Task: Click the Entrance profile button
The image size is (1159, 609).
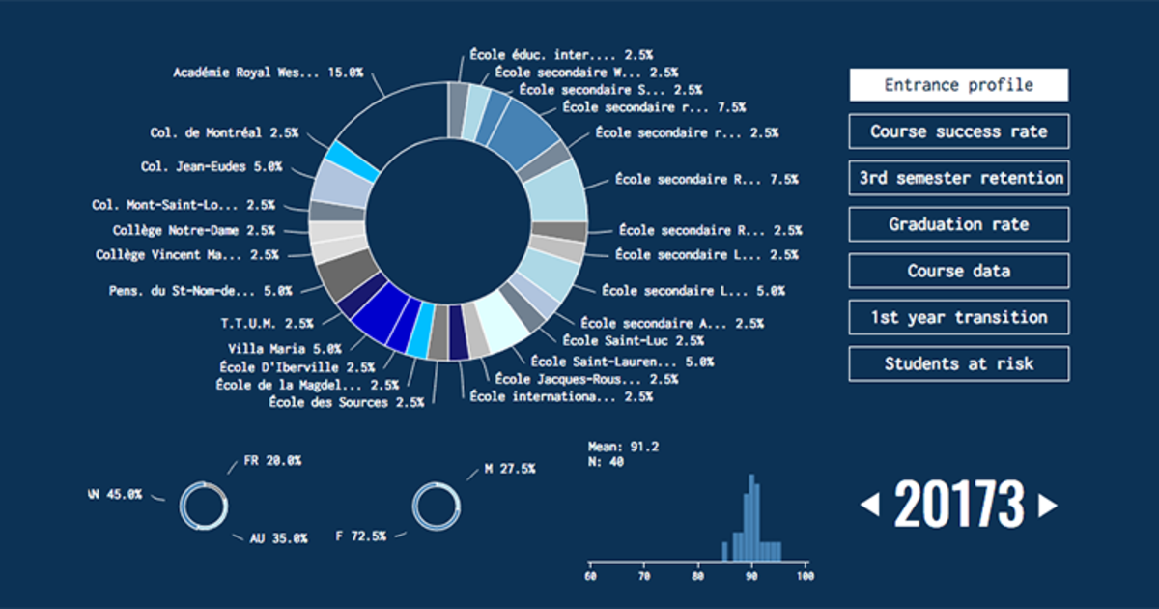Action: [958, 85]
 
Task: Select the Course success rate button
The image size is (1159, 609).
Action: [958, 131]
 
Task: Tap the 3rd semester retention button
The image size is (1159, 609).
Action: [958, 178]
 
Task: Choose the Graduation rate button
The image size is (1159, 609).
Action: [958, 224]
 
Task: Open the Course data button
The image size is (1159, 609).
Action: [958, 271]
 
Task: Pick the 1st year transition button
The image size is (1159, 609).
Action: [958, 317]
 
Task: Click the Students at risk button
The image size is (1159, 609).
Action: [958, 363]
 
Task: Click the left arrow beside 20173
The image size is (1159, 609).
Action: [870, 505]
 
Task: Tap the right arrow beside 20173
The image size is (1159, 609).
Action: [1047, 505]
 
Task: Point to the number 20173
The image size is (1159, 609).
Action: [959, 505]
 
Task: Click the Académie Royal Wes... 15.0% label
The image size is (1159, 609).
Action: [268, 72]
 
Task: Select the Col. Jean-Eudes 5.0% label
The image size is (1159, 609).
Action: [211, 167]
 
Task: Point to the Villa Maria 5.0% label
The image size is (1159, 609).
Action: [284, 348]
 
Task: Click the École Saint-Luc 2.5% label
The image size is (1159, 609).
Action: [633, 341]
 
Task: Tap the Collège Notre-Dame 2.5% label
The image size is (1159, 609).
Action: [193, 231]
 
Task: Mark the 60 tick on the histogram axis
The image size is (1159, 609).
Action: [590, 576]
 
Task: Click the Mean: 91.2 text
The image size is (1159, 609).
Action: [623, 447]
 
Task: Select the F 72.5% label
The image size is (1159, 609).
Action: [360, 536]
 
